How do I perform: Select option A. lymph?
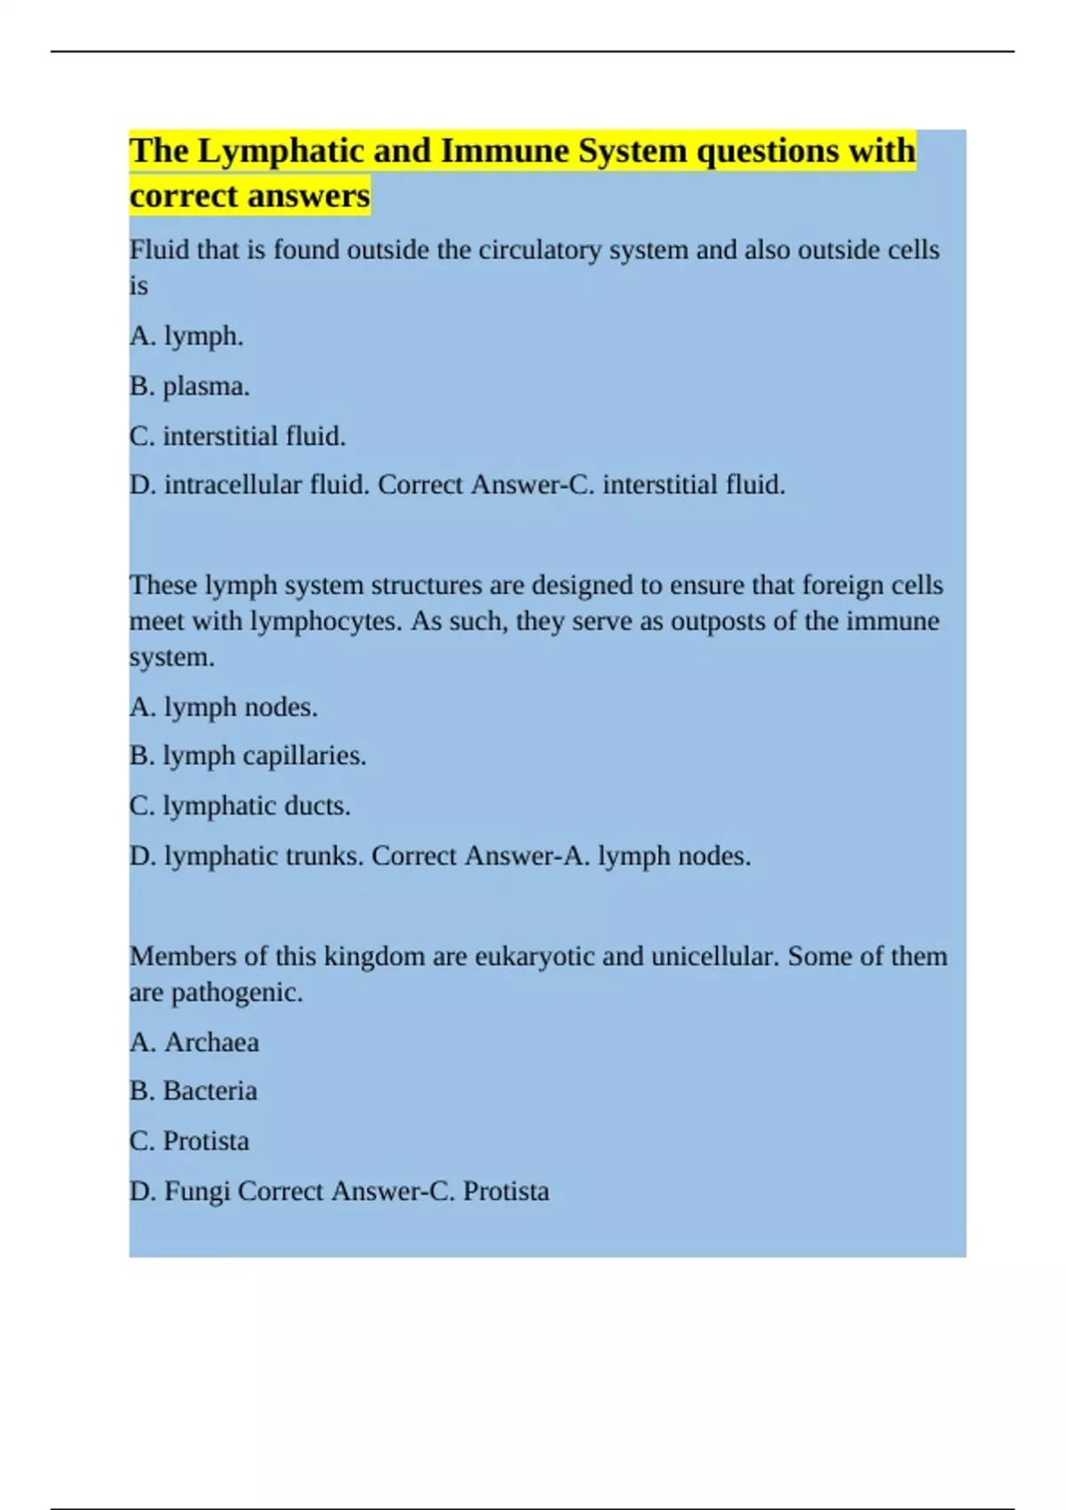coord(187,337)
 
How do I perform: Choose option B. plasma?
coord(189,386)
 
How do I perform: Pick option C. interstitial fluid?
coord(237,436)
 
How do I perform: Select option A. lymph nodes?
coord(223,707)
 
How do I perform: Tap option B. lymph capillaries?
coord(248,756)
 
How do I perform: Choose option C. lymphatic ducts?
coord(240,806)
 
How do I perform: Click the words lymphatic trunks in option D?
coord(264,856)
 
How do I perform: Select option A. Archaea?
coord(195,1042)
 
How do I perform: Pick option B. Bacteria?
coord(193,1091)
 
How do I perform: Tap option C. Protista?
coord(189,1140)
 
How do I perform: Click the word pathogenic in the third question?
coord(236,992)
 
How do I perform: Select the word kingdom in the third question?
coord(374,957)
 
